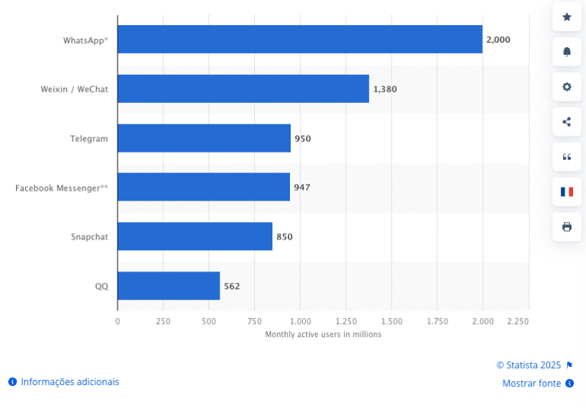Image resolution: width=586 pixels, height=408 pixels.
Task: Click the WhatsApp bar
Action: click(x=300, y=39)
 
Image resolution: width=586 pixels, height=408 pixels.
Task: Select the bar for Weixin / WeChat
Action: click(x=243, y=88)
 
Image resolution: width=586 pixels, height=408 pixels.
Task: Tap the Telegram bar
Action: click(x=204, y=138)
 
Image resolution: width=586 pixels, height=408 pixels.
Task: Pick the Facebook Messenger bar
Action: click(x=203, y=187)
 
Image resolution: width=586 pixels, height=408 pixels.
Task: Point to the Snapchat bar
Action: click(x=195, y=236)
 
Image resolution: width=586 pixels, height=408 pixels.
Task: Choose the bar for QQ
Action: click(x=169, y=286)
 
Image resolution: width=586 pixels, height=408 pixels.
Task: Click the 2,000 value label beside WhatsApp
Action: click(x=498, y=40)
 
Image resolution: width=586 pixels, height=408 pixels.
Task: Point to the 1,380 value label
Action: click(x=385, y=89)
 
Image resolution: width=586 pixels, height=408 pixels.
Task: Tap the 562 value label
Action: click(x=232, y=287)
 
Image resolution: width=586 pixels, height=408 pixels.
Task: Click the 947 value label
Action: click(x=302, y=188)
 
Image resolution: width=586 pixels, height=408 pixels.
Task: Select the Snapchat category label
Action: click(x=89, y=237)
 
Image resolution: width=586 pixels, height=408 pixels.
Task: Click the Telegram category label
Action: click(x=89, y=139)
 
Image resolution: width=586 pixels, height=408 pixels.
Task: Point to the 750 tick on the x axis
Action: click(x=254, y=322)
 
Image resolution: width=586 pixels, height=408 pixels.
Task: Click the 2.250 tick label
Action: click(x=517, y=322)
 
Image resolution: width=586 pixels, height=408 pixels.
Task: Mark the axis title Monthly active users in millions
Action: click(x=323, y=335)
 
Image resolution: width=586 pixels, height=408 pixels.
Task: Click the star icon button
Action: click(x=567, y=17)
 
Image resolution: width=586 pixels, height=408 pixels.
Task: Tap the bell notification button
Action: click(x=567, y=52)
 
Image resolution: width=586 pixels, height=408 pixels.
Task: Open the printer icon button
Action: click(x=567, y=226)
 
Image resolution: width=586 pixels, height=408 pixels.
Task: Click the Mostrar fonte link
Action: click(x=532, y=384)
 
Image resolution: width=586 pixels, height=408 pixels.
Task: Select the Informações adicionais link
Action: click(x=69, y=381)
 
